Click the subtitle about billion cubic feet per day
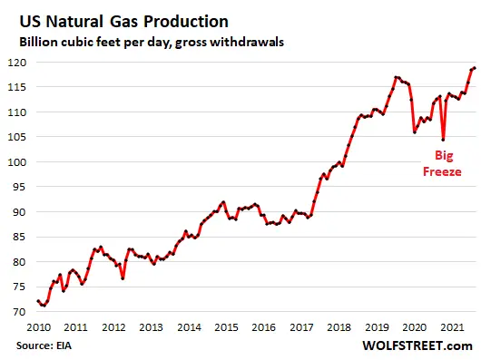pyautogui.click(x=145, y=41)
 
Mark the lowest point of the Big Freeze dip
pyautogui.click(x=443, y=140)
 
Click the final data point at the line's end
pyautogui.click(x=475, y=68)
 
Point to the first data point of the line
pyautogui.click(x=37, y=301)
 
